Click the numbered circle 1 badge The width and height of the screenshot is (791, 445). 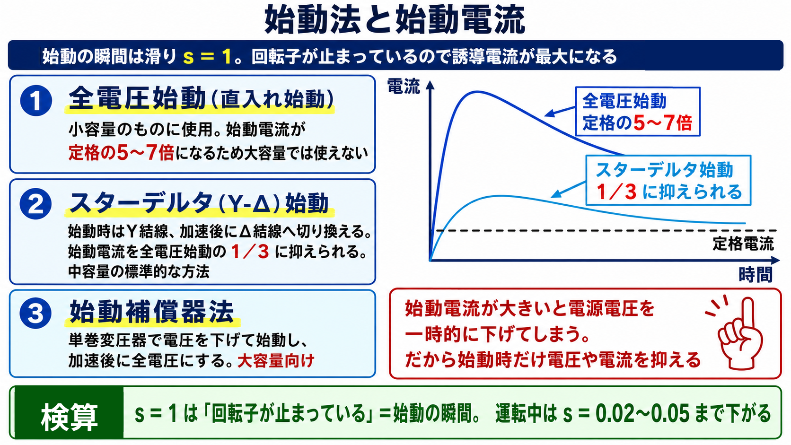36,101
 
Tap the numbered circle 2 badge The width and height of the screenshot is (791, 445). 35,204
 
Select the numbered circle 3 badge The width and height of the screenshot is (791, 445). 35,313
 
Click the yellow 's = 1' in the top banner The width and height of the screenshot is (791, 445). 207,56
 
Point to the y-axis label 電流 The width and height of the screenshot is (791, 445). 404,87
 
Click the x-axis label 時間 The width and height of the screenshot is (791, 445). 756,275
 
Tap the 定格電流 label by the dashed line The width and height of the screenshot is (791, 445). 743,244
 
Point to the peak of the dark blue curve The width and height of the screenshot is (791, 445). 477,92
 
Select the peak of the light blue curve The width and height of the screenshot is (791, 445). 501,196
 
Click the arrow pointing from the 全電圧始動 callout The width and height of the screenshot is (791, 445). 561,112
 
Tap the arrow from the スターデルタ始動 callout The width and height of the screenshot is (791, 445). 569,190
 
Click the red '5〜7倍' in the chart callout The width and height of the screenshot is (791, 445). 662,123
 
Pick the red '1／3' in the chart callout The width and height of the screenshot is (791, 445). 616,192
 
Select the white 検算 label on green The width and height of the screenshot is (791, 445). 69,418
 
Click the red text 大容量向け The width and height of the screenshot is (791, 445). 276,361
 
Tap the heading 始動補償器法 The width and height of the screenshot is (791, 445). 152,312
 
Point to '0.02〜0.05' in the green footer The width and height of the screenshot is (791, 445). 642,413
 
